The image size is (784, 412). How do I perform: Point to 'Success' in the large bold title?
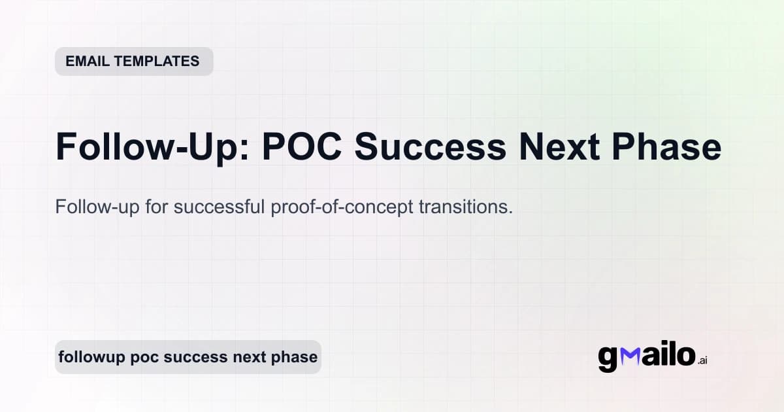pyautogui.click(x=431, y=147)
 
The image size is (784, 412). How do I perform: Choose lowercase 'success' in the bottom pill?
pyautogui.click(x=195, y=358)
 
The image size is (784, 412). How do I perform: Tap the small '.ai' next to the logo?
pyautogui.click(x=702, y=360)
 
